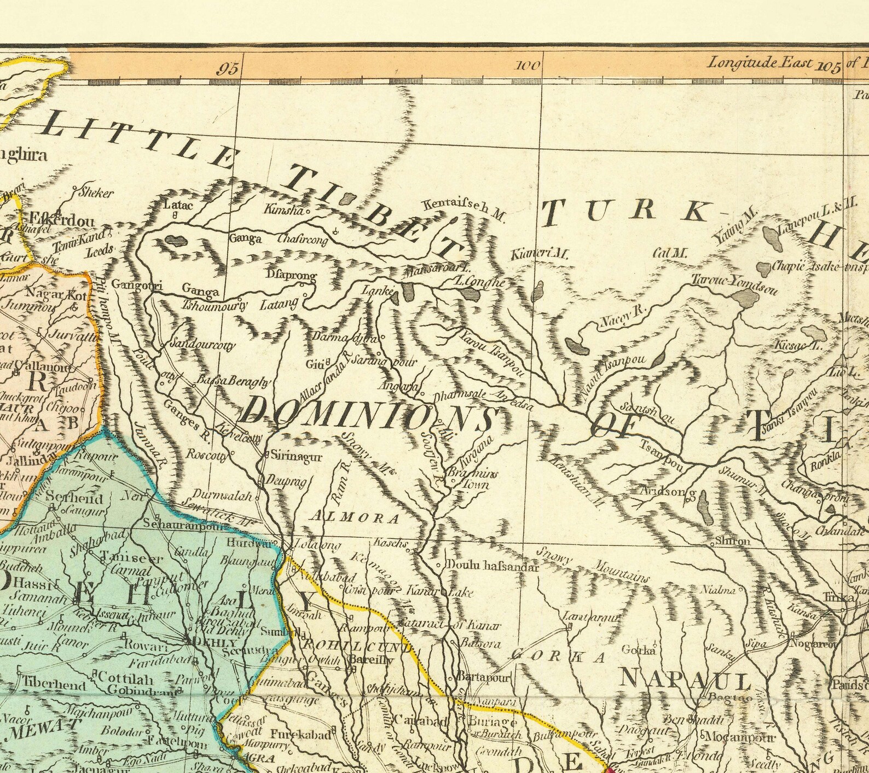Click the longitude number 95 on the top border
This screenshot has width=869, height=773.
tap(228, 69)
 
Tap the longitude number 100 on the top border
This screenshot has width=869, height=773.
tap(528, 66)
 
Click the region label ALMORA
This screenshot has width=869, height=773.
tap(355, 517)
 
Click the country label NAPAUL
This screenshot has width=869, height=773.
tap(684, 682)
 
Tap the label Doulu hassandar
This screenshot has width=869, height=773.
tap(493, 567)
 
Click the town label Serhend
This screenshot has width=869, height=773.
tap(74, 498)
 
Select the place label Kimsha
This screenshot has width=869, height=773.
tap(283, 209)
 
